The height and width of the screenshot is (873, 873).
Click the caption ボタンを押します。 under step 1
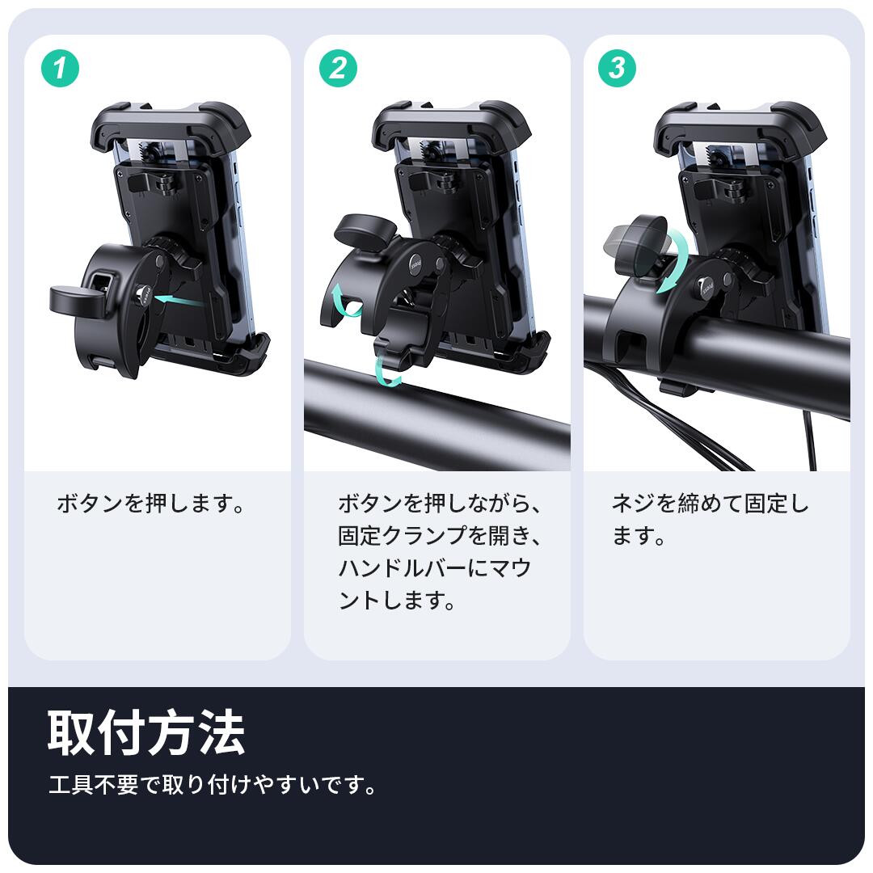(150, 504)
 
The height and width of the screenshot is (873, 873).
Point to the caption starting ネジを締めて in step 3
(710, 520)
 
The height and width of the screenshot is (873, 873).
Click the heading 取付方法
(146, 732)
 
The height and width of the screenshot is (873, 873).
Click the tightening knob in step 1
(78, 299)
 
